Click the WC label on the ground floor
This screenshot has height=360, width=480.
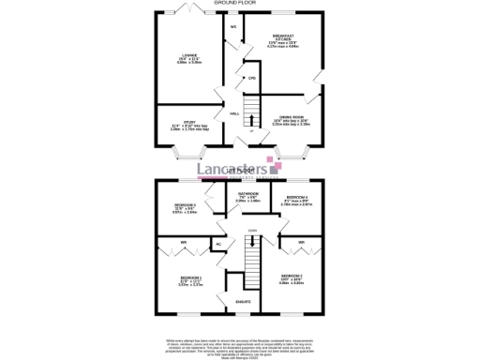(x=232, y=27)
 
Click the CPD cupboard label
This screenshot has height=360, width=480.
(x=252, y=78)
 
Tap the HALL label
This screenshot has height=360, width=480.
(x=235, y=113)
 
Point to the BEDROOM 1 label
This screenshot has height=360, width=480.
(x=191, y=278)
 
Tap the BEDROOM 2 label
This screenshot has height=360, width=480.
(x=290, y=275)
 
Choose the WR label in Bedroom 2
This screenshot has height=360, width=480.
(x=302, y=244)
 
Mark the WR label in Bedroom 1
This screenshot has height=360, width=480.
(x=185, y=244)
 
